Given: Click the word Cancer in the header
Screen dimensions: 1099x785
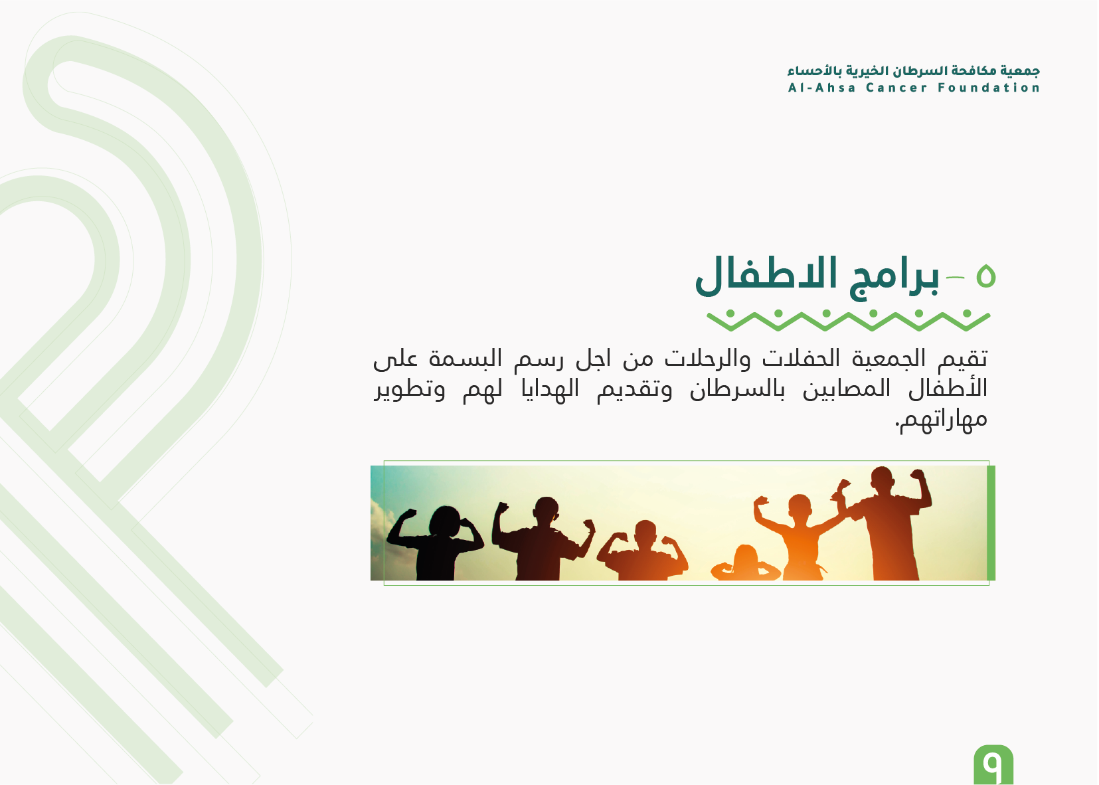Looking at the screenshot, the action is pyautogui.click(x=897, y=88).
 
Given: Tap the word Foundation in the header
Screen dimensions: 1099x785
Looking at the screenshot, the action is pyautogui.click(x=989, y=88).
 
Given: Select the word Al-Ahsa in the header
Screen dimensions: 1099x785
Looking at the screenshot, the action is pyautogui.click(x=822, y=88).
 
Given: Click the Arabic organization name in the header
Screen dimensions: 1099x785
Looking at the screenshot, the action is pyautogui.click(x=914, y=71).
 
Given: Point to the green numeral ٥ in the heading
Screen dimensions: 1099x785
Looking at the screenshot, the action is pyautogui.click(x=985, y=276).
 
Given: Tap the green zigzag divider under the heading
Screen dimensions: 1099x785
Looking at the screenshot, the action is pyautogui.click(x=848, y=320).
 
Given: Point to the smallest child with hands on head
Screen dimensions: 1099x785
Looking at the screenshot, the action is pyautogui.click(x=746, y=565).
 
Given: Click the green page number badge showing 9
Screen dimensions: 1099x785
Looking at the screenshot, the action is pyautogui.click(x=993, y=764).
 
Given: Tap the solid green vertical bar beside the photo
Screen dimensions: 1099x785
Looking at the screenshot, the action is pyautogui.click(x=991, y=523).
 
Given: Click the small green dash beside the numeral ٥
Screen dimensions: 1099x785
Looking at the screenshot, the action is pyautogui.click(x=956, y=278).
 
